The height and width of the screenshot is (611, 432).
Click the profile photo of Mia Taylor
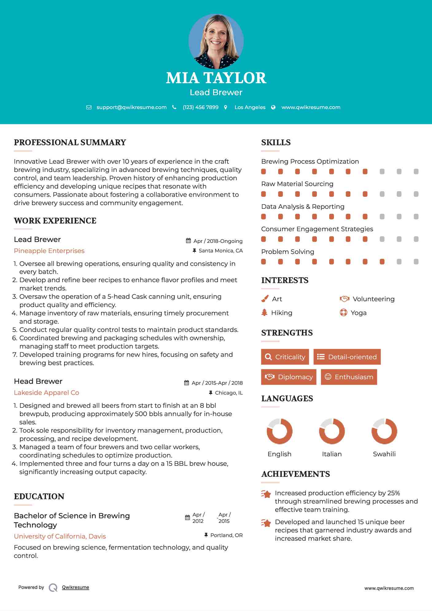pos(216,41)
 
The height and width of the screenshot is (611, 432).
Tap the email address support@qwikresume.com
pos(131,107)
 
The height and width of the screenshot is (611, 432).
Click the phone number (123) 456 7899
pos(200,107)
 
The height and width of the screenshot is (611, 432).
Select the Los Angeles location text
pos(250,107)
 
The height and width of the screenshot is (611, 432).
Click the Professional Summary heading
pos(70,142)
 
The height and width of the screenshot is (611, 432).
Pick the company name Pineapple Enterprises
pos(49,251)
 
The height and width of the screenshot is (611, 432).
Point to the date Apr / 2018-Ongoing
pos(218,241)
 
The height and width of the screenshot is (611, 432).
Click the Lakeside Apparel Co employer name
pos(46,393)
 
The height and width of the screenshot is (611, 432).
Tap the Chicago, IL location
pos(229,393)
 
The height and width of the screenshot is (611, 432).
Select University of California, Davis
pos(60,536)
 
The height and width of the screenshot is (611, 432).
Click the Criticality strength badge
pos(285,357)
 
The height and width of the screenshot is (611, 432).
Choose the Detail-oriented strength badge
pos(347,357)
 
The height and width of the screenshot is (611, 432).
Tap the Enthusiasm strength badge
pos(349,377)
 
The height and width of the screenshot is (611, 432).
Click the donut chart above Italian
pos(332,431)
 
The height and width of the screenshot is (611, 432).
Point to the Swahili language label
pos(384,454)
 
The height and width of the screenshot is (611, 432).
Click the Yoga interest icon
pos(344,313)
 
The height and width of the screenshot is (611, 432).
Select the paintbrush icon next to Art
pos(265,299)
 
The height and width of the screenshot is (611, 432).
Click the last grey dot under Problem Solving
pos(416,262)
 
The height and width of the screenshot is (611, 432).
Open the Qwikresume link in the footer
pos(76,587)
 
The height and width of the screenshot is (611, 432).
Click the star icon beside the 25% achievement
pos(266,494)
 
